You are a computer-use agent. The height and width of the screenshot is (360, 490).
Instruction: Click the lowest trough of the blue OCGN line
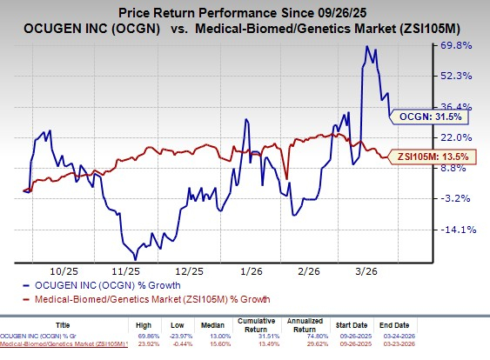tap(134, 259)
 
